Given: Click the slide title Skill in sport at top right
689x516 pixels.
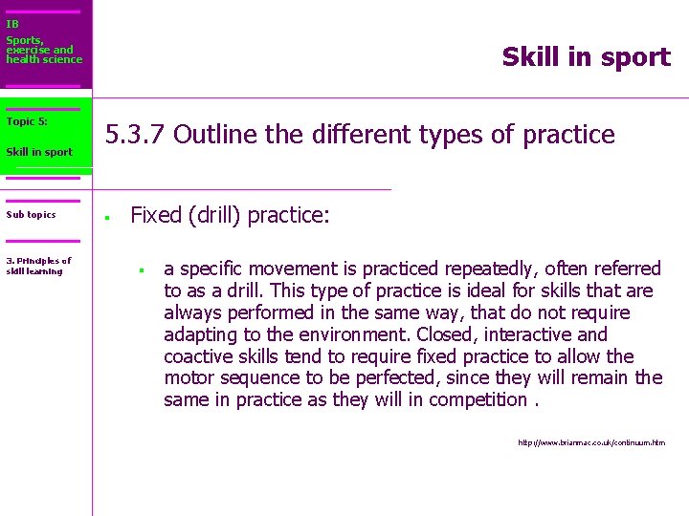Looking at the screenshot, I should pos(586,57).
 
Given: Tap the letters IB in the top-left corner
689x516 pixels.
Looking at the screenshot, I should pos(11,24).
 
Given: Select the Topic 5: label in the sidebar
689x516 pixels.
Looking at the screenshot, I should pos(26,121).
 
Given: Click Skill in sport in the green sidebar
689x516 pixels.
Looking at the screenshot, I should pos(38,152).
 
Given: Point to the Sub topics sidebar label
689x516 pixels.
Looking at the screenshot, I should pos(31,215).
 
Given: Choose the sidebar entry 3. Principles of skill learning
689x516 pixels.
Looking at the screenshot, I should pos(38,266).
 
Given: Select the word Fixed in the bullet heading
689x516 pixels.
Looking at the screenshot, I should pos(156,215).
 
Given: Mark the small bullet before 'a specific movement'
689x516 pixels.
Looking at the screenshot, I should pos(140,269).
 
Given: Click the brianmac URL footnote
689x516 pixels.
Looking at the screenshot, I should pos(590,442).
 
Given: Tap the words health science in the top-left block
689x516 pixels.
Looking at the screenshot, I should pos(44,59).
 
